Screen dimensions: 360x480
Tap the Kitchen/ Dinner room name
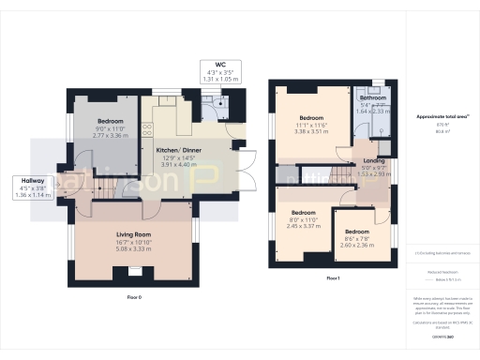click(178, 148)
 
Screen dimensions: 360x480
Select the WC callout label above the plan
click(222, 65)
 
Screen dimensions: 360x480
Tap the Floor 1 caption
click(333, 278)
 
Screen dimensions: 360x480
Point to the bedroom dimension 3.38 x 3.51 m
click(309, 132)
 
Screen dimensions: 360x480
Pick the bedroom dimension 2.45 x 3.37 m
click(303, 226)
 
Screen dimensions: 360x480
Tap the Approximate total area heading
click(435, 117)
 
